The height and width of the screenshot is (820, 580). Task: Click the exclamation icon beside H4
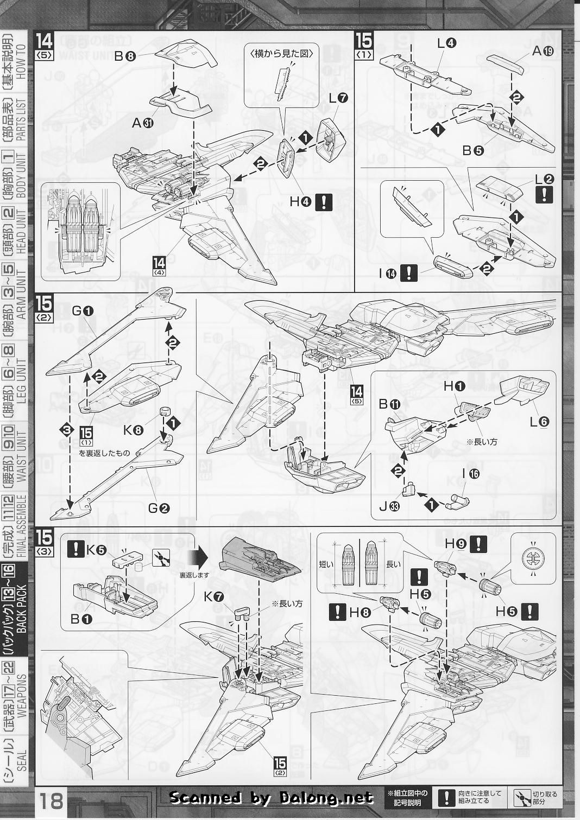point(324,202)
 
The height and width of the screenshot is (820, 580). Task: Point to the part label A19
point(543,52)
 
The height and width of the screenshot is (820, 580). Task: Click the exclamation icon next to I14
point(408,274)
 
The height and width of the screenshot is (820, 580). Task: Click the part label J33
point(389,507)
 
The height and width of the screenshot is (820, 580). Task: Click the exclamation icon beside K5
point(75,549)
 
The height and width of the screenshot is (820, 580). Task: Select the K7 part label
point(213,597)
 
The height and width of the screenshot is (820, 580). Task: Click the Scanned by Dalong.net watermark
point(272,797)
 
